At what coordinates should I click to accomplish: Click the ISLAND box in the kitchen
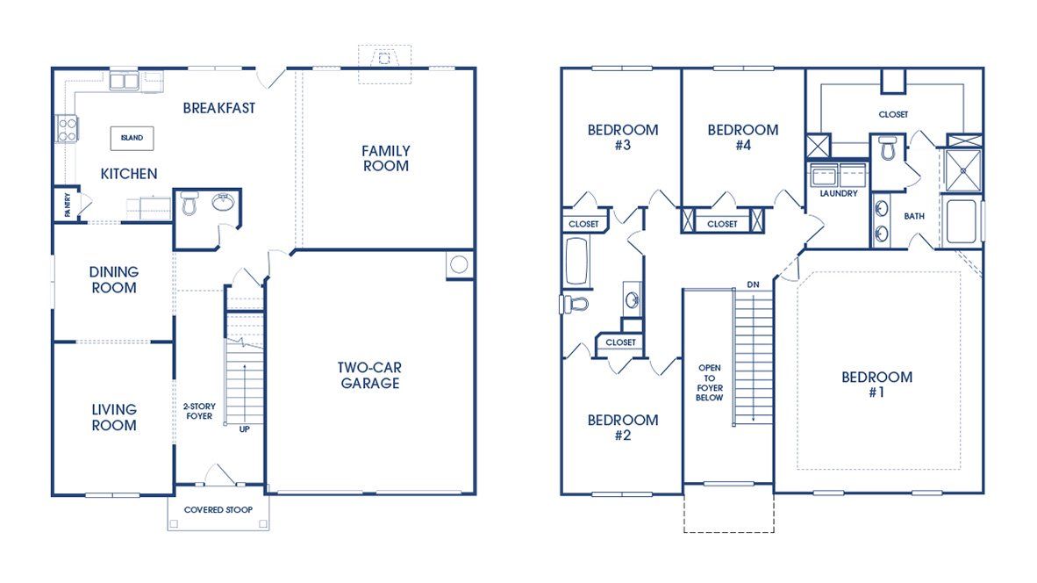tap(132, 139)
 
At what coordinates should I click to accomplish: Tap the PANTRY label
tap(68, 205)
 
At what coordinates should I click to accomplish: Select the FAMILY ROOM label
tap(385, 159)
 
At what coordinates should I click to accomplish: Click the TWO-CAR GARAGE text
tap(369, 375)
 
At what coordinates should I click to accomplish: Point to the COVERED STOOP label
tap(218, 509)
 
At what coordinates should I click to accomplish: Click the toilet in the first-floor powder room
tap(190, 203)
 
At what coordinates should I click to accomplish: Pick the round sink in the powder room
tap(224, 202)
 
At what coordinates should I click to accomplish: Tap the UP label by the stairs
tap(245, 429)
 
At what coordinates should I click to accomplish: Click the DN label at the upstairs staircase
tap(754, 284)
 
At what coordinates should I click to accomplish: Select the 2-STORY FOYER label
tap(199, 411)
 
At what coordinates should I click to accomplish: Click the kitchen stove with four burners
tap(67, 128)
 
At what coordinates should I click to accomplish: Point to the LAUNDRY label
tap(839, 193)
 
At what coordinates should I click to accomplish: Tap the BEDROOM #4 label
tap(743, 138)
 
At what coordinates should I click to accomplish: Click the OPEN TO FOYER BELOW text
tap(710, 383)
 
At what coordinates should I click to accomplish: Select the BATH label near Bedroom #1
tap(914, 216)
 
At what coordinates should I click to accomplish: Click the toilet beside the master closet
tap(888, 149)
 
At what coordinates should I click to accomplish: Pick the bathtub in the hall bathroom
tap(577, 262)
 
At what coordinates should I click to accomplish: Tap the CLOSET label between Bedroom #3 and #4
tap(722, 225)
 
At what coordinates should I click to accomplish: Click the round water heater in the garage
tap(459, 264)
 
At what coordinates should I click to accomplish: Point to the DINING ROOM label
tap(114, 280)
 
